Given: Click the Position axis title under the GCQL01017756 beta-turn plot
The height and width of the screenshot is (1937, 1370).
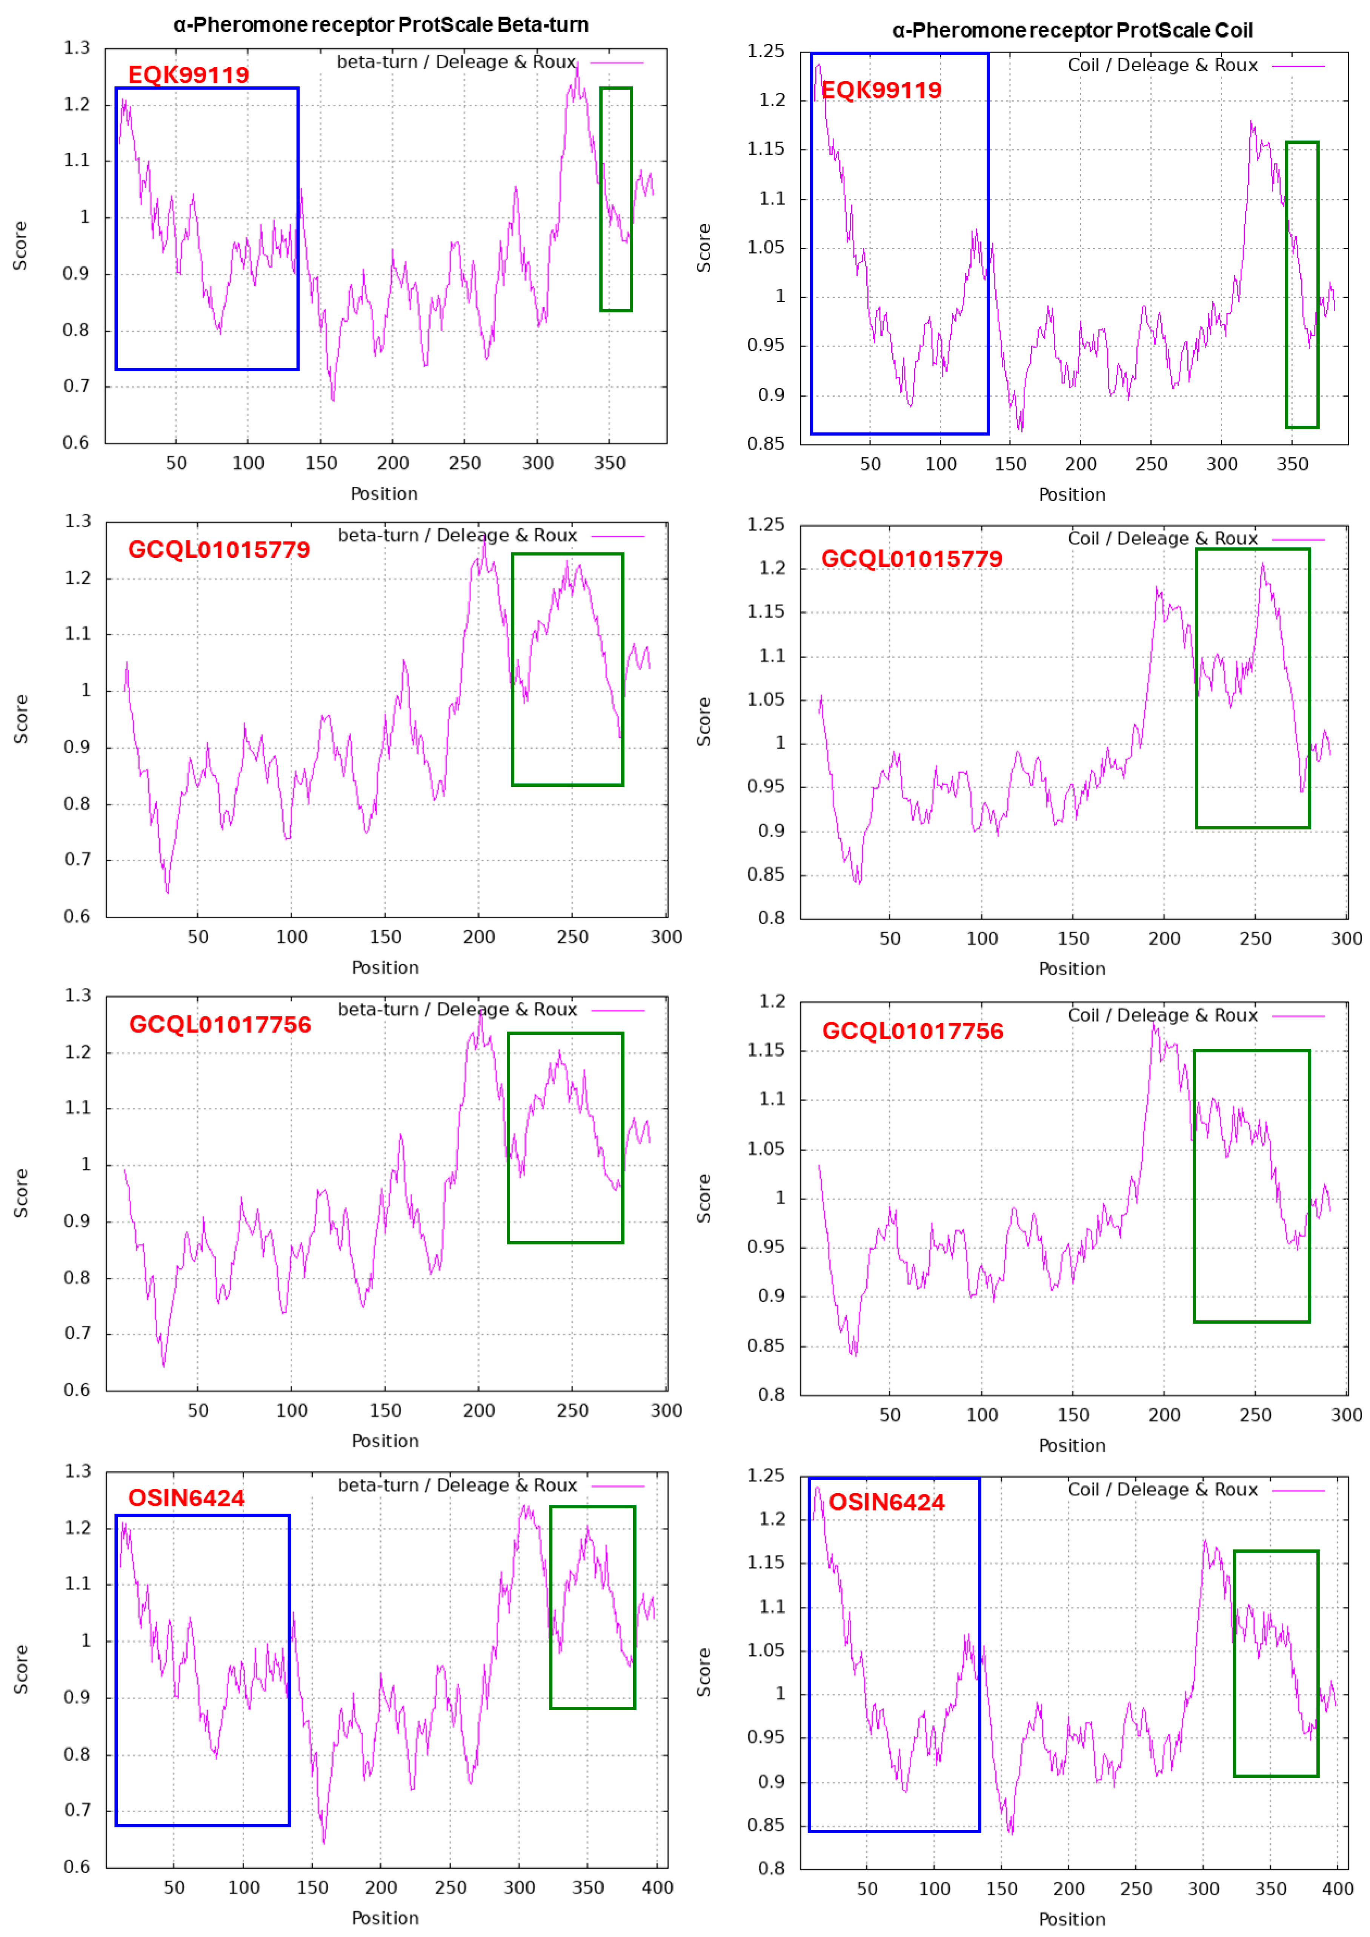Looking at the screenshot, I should point(385,1441).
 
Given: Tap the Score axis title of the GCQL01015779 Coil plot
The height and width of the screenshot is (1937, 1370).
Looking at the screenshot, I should point(704,721).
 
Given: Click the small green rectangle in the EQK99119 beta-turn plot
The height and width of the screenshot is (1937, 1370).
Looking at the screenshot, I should point(616,199).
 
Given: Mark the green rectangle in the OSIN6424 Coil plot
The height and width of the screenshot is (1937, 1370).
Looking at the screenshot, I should point(1276,1663).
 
